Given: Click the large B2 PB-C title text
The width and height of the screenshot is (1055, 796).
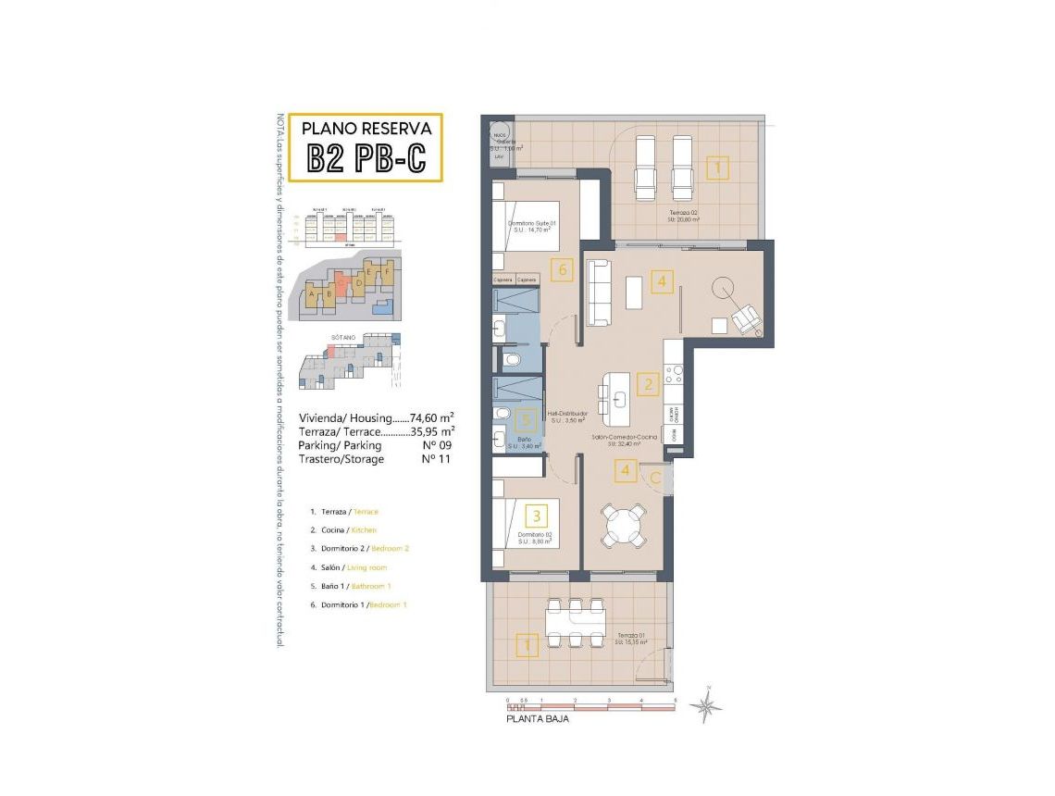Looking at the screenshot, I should (x=366, y=158).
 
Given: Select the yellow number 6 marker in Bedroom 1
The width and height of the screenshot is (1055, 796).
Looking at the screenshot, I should (x=558, y=270).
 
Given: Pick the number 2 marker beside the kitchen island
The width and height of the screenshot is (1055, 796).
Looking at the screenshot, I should (x=650, y=384).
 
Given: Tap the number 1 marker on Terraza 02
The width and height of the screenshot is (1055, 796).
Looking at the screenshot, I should (x=717, y=168).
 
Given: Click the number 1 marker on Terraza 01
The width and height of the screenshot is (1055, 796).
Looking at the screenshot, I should (x=527, y=644).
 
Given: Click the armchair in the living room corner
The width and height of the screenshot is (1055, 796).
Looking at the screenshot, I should (x=747, y=320).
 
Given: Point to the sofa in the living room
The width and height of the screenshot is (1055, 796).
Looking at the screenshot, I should (x=599, y=292).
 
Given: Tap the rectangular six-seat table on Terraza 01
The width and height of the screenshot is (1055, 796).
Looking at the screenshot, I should (x=575, y=625).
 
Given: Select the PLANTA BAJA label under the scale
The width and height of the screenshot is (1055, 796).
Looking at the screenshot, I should (x=537, y=718).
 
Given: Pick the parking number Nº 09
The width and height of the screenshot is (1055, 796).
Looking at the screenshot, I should (x=436, y=445).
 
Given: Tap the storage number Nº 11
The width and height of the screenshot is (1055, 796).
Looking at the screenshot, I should (x=436, y=459).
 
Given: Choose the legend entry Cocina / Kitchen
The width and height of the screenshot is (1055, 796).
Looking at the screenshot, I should (x=350, y=530).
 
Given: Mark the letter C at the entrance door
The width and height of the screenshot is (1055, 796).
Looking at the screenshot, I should (x=654, y=478).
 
